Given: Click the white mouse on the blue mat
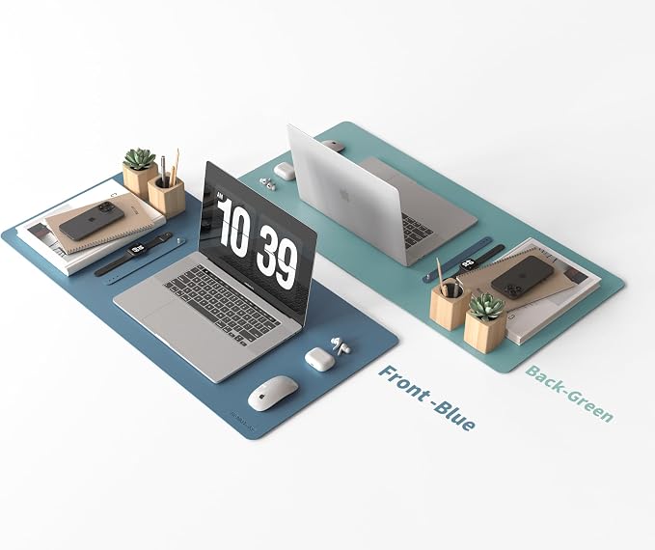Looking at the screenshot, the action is click(x=273, y=393).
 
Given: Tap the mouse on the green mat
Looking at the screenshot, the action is click(x=334, y=146).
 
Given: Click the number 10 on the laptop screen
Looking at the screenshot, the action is click(x=234, y=227).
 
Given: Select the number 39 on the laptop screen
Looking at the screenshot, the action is click(x=277, y=260).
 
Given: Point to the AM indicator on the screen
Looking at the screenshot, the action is click(x=221, y=196).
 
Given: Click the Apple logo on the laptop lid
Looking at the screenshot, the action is click(x=344, y=195).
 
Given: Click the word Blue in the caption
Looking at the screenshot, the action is click(x=455, y=415).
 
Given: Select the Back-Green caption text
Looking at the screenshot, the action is click(x=569, y=394).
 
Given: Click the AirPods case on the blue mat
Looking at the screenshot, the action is click(x=319, y=359).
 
